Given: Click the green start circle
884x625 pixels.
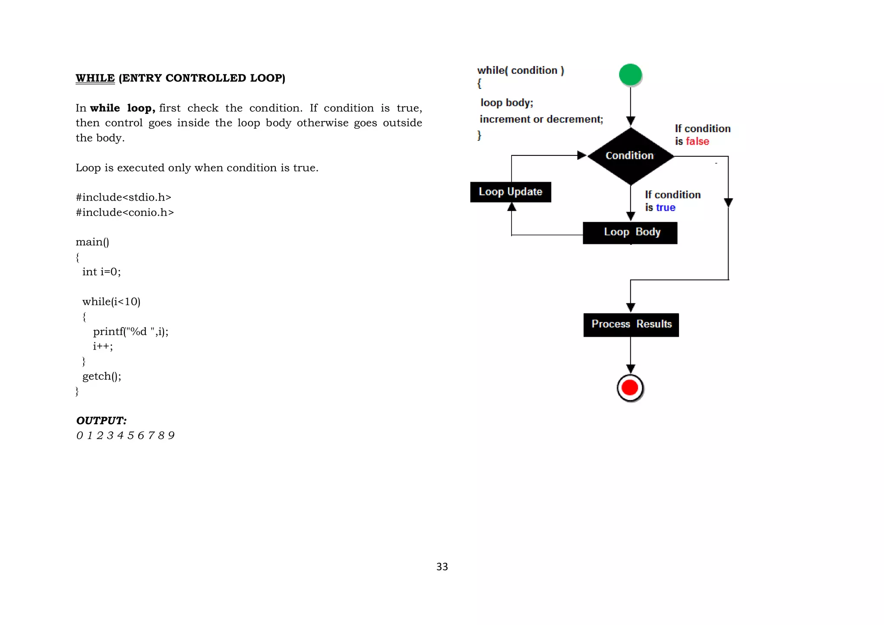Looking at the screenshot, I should point(630,75).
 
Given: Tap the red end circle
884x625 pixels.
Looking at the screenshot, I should point(630,388).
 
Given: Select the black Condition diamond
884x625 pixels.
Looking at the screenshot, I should point(630,156).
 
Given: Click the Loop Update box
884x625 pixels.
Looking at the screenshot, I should point(511,192).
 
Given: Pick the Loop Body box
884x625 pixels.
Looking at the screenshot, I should point(630,233).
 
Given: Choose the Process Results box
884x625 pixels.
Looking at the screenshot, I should point(631,325).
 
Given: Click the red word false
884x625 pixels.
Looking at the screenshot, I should point(697,142).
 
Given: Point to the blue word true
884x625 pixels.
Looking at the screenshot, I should point(666,208).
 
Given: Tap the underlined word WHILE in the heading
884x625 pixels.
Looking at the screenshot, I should point(95,78).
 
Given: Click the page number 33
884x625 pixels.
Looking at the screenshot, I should point(442,567).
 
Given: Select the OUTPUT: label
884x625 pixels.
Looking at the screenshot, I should point(101,420).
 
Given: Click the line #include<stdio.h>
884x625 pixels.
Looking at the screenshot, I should point(123,197).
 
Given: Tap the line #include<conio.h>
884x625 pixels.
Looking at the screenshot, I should point(125,212).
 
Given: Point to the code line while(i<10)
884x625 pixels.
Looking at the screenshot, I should point(111,301).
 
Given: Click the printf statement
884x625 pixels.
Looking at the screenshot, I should point(131,331).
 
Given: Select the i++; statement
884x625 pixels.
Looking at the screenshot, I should point(103,346).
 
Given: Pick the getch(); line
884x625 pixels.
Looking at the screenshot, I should point(102,376).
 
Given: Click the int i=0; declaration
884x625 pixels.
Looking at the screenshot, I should point(101,271).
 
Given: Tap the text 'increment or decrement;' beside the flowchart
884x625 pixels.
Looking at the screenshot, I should point(541,119).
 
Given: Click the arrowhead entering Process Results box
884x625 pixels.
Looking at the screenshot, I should point(631,307).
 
